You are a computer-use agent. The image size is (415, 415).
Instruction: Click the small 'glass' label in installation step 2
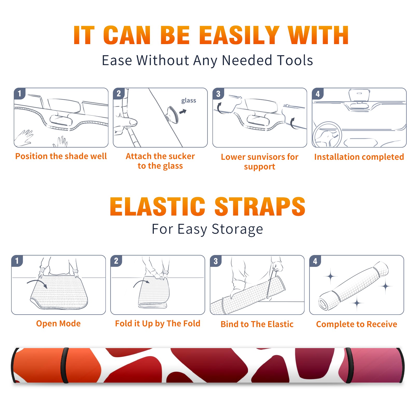pos(189,101)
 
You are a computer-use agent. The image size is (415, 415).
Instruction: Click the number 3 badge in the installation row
pos(218,94)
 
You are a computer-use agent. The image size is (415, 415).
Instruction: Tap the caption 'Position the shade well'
pos(61,156)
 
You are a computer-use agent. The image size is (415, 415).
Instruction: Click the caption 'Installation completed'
pos(359,157)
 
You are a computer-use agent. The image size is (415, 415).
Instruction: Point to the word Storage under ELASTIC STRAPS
pos(237,229)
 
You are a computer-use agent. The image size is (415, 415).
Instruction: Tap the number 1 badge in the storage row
pos(17,261)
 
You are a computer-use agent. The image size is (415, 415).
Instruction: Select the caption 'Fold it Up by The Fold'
pos(158,323)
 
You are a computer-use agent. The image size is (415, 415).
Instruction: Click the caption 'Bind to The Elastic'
pos(257,324)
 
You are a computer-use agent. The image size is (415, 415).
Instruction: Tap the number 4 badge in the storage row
pos(315,261)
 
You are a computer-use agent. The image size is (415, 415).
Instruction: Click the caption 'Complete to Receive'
pos(357,324)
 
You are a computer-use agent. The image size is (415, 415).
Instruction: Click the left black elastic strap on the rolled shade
pos(65,365)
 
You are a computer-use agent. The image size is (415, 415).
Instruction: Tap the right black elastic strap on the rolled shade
pos(349,365)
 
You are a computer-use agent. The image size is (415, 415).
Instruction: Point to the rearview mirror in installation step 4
pos(359,95)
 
